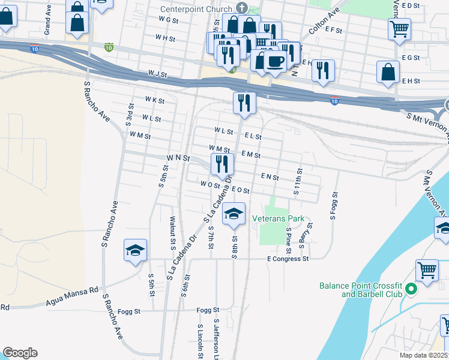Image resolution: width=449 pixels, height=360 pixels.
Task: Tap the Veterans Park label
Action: pyautogui.click(x=279, y=219)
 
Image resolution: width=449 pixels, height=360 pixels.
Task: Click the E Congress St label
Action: pyautogui.click(x=288, y=259)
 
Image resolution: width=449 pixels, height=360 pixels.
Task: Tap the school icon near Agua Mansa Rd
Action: pyautogui.click(x=136, y=250)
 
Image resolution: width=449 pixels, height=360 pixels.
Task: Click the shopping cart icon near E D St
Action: pyautogui.click(x=399, y=28)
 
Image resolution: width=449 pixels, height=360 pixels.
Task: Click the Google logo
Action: pyautogui.click(x=20, y=353)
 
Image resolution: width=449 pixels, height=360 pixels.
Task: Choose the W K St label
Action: pyautogui.click(x=154, y=100)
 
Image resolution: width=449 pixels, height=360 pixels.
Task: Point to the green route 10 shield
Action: pyautogui.click(x=109, y=46)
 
